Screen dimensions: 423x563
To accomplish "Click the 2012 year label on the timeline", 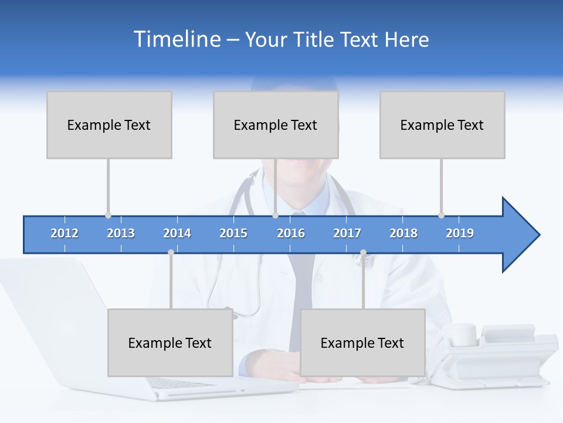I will (x=65, y=233).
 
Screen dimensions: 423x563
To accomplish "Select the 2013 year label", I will (x=121, y=233).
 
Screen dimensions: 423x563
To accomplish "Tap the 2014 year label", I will (x=177, y=233).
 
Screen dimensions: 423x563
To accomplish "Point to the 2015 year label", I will (x=233, y=233).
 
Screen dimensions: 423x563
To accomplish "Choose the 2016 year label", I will (x=291, y=233).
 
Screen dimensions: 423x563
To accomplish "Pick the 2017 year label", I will (x=347, y=233).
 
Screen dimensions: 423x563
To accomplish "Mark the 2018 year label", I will (x=403, y=233).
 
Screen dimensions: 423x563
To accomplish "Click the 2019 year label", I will (x=460, y=233).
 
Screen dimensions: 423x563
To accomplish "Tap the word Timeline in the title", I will (x=177, y=39).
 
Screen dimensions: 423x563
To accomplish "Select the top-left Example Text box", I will (x=109, y=125).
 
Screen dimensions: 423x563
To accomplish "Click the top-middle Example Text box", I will (x=276, y=125).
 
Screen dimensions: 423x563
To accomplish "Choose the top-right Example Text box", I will (x=442, y=125).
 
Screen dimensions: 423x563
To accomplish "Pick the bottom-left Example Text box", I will (x=170, y=343).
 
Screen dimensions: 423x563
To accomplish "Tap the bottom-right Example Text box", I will (x=362, y=343).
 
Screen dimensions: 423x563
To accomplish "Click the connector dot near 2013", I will (x=108, y=215).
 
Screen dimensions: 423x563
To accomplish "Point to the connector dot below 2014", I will (x=171, y=253).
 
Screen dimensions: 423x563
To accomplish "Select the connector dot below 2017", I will (x=363, y=253).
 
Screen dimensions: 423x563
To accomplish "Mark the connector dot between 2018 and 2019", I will (x=441, y=215).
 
